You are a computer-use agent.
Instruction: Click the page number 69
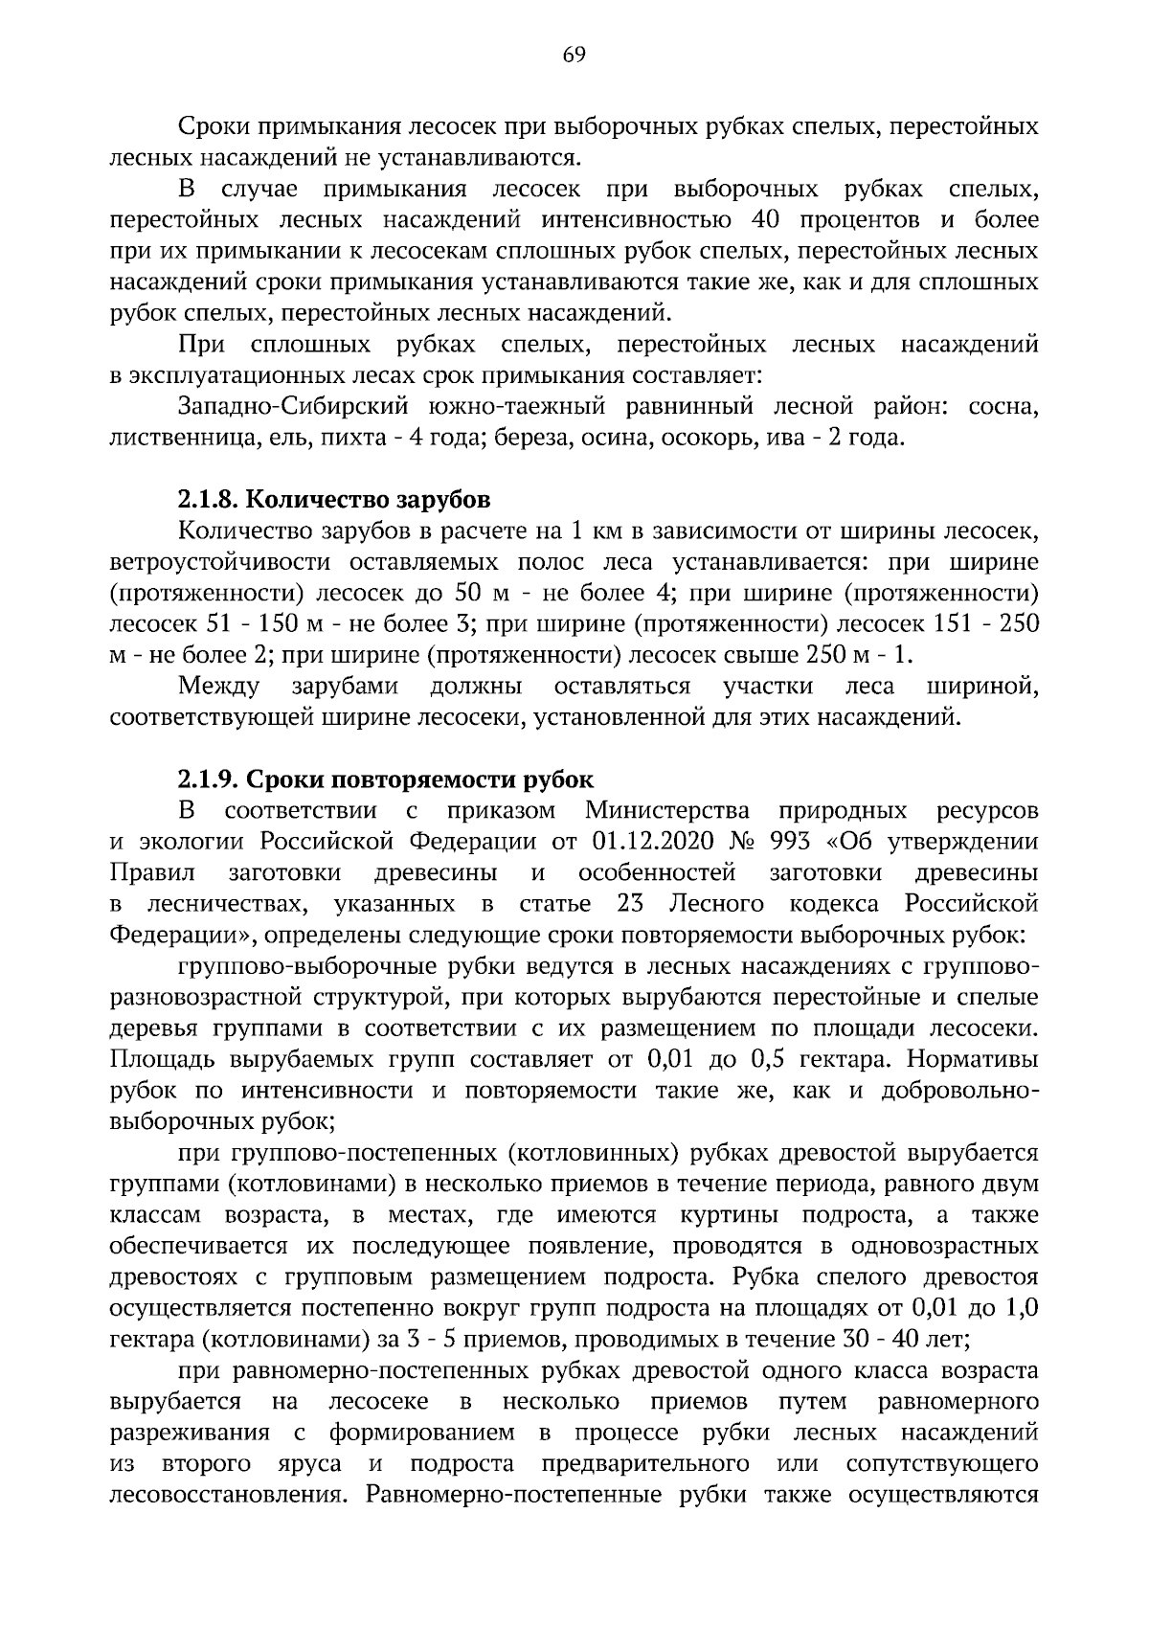coord(574,55)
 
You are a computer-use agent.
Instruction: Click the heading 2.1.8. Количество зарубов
coord(334,499)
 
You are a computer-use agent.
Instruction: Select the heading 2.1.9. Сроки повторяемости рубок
coord(385,779)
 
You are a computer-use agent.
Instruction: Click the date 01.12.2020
coord(654,842)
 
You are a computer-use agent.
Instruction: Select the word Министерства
coord(667,811)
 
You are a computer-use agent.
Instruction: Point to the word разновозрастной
coord(206,998)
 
